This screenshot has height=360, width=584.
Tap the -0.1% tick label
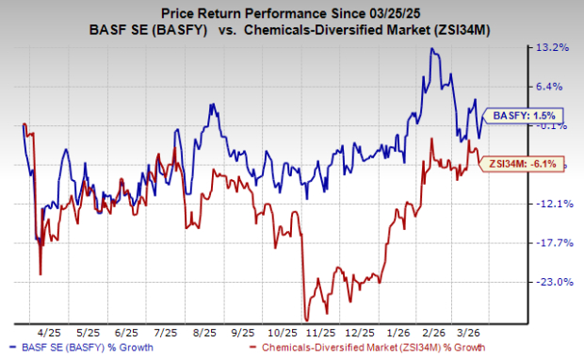pyautogui.click(x=556, y=125)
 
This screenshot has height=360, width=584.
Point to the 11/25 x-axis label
pyautogui.click(x=349, y=333)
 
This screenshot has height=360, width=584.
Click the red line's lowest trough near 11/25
pyautogui.click(x=306, y=319)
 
